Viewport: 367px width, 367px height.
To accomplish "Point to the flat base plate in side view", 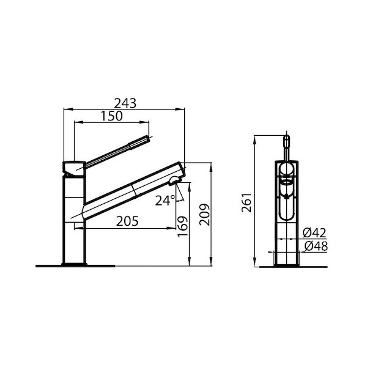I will [x=75, y=265].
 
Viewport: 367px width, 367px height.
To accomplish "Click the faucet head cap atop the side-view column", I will [x=73, y=166].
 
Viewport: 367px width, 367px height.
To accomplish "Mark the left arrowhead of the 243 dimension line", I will [x=66, y=110].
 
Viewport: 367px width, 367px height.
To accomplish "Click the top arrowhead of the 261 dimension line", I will [x=254, y=136].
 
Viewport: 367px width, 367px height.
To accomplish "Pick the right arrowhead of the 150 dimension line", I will [x=147, y=122].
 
